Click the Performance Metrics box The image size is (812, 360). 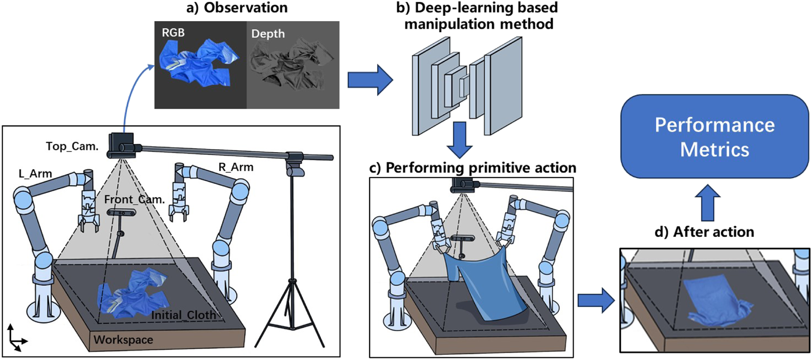[x=714, y=136]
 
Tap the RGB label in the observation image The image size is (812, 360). [x=173, y=33]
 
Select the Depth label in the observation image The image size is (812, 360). [x=268, y=34]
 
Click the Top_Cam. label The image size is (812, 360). [x=72, y=146]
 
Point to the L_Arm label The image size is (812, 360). [x=35, y=174]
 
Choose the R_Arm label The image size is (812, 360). [x=236, y=167]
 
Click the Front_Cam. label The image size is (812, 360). [x=134, y=200]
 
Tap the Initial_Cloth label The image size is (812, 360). [x=183, y=315]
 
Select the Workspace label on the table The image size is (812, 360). [x=123, y=340]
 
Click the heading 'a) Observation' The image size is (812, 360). [x=237, y=8]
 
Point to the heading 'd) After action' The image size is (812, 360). [x=704, y=232]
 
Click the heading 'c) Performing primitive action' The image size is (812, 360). [x=472, y=168]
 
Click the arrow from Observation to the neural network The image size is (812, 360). [x=370, y=80]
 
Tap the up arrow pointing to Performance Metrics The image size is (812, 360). [x=708, y=202]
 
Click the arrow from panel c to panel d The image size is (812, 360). [x=595, y=300]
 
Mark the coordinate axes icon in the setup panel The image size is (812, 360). [x=16, y=338]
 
